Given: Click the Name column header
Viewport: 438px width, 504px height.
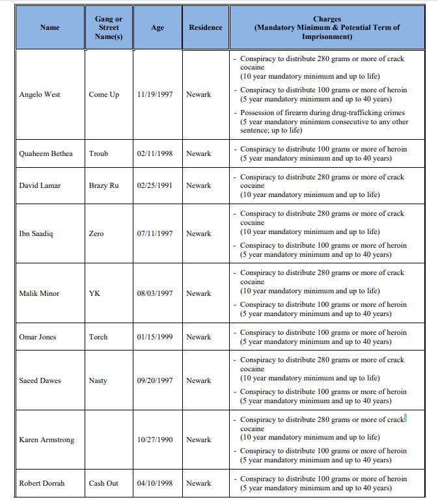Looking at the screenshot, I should point(49,28).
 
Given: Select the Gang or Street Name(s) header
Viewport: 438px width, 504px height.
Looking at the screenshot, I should point(109,28).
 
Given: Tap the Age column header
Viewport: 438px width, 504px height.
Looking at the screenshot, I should point(157,28).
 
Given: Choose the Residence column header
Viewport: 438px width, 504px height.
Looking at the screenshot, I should point(205,28).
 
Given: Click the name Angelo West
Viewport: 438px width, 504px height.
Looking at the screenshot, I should point(40,94).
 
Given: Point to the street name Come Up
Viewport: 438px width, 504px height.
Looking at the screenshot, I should point(104,94).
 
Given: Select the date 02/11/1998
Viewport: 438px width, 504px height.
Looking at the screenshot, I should point(155,153).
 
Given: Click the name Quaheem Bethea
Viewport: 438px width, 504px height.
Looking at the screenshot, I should point(46,153).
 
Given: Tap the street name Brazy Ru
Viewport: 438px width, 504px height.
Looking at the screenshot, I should point(104,185).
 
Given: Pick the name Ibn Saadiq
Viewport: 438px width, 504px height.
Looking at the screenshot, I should point(36,233).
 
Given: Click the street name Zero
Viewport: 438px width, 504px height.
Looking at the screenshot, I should point(96,233).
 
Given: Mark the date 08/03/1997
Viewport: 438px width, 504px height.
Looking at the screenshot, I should point(155,293).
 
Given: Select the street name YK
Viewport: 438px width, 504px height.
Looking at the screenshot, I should point(94,293).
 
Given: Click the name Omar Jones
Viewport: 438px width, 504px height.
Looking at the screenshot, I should point(38,337).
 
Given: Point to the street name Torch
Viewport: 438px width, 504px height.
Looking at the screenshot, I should point(98,337).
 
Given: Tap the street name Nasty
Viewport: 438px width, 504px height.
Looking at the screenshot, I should point(98,380).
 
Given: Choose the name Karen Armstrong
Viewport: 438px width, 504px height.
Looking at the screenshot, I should point(47,440).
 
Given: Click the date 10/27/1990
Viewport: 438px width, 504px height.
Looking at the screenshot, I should point(155,440).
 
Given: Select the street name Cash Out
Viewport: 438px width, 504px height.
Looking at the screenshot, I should point(104,483).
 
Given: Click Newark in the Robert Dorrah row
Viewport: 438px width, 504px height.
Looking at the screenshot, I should point(198,483).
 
